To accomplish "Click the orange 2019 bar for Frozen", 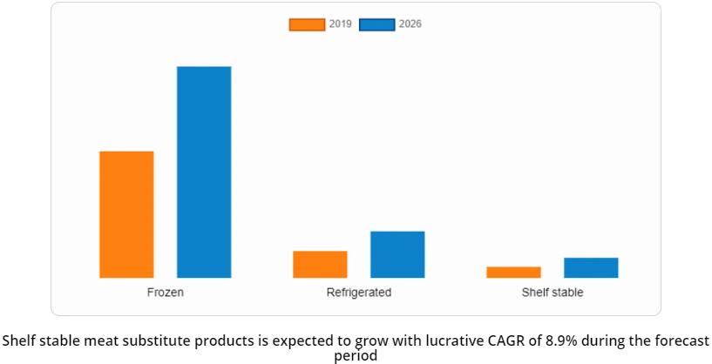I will pos(126,214).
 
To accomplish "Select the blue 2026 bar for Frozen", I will pos(204,172).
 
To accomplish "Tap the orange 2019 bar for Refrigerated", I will pos(320,264).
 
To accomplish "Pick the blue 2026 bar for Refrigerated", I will pos(397,254).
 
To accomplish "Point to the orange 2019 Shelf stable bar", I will pos(513,272).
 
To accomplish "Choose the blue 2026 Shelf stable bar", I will pos(591,267).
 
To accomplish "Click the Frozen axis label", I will pos(166,293).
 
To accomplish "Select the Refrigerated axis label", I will pos(359,293).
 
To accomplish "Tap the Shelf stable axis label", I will pos(553,293).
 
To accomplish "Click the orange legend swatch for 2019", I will pos(307,24).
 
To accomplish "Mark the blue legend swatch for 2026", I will pos(377,24).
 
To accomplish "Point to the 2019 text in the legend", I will pos(341,24).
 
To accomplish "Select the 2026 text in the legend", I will pos(410,24).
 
